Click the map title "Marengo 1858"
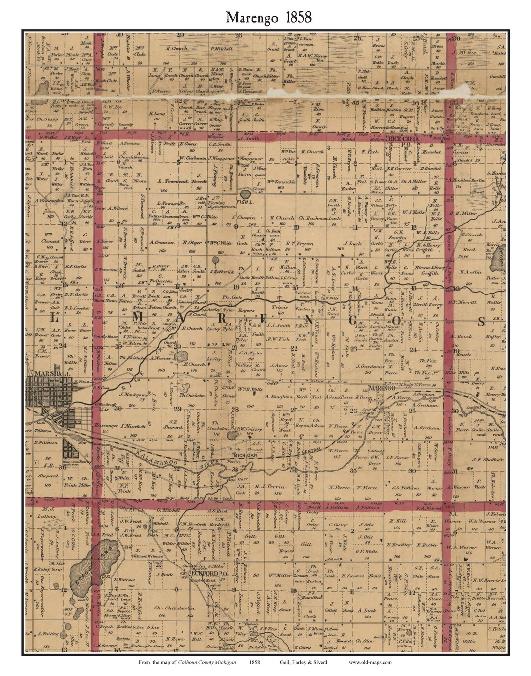pyautogui.click(x=268, y=17)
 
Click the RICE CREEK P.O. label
pyautogui.click(x=415, y=139)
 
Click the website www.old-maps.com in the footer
pyautogui.click(x=370, y=662)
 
